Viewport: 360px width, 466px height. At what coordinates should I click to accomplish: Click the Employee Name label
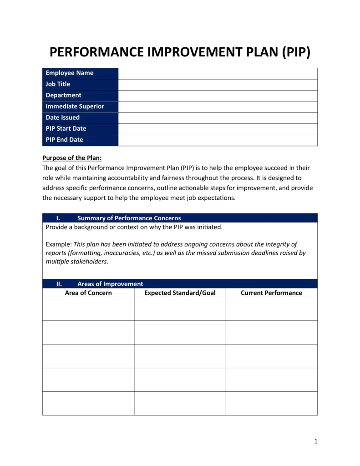click(x=70, y=73)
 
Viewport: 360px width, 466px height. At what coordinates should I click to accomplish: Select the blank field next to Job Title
click(x=218, y=84)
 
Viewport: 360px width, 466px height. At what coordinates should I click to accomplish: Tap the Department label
click(x=63, y=95)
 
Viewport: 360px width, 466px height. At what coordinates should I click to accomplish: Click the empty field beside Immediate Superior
click(x=218, y=106)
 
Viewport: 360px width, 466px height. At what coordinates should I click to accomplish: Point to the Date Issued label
click(x=62, y=117)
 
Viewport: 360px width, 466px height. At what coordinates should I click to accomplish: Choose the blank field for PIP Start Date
click(x=218, y=129)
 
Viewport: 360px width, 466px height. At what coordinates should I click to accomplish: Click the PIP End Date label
click(x=64, y=140)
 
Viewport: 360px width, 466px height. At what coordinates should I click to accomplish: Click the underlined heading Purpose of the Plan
click(x=72, y=158)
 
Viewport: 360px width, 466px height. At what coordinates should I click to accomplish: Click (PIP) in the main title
click(x=296, y=52)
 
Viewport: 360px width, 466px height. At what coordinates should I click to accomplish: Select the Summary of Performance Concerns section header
click(x=129, y=218)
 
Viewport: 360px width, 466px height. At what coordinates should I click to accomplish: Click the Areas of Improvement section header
click(x=110, y=284)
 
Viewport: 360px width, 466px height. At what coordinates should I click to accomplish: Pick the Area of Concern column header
click(x=88, y=293)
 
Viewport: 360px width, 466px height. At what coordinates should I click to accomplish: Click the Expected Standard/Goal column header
click(x=180, y=293)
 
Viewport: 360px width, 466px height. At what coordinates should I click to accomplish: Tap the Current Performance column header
click(x=271, y=293)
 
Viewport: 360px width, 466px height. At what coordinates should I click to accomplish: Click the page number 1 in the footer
click(x=315, y=441)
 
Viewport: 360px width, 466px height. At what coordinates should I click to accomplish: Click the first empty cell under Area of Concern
click(x=88, y=309)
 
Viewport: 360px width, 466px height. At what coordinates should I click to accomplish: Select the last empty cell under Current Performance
click(x=271, y=403)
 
